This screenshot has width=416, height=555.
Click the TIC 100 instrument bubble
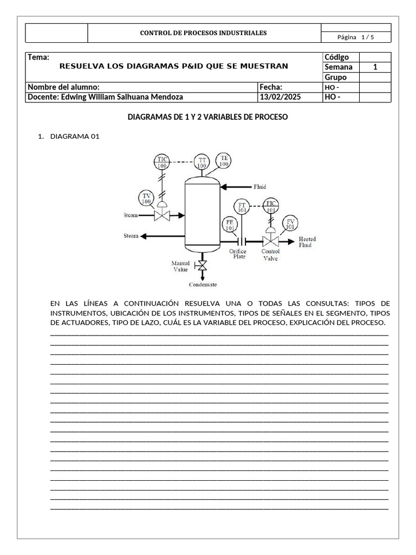point(162,162)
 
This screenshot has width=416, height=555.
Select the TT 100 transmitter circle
point(201,163)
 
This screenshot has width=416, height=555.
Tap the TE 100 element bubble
point(224,161)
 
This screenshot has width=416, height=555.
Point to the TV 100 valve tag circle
point(146,198)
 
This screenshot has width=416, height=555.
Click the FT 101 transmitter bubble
point(242,207)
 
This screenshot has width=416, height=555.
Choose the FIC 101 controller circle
point(271,206)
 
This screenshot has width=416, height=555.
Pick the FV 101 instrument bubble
point(291,224)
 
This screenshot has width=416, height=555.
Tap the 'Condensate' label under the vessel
point(203,285)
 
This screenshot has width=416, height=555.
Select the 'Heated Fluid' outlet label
point(307,242)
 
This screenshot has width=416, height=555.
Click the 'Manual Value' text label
point(180,266)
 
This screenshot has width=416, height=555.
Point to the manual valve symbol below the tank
point(202,266)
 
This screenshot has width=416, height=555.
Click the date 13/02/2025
point(280,97)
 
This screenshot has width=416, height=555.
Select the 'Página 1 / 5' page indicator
point(355,37)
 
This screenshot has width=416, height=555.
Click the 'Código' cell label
point(336,57)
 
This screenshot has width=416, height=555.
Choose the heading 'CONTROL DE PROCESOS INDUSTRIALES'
point(203,33)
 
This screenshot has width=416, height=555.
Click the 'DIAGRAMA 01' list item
point(75,136)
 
